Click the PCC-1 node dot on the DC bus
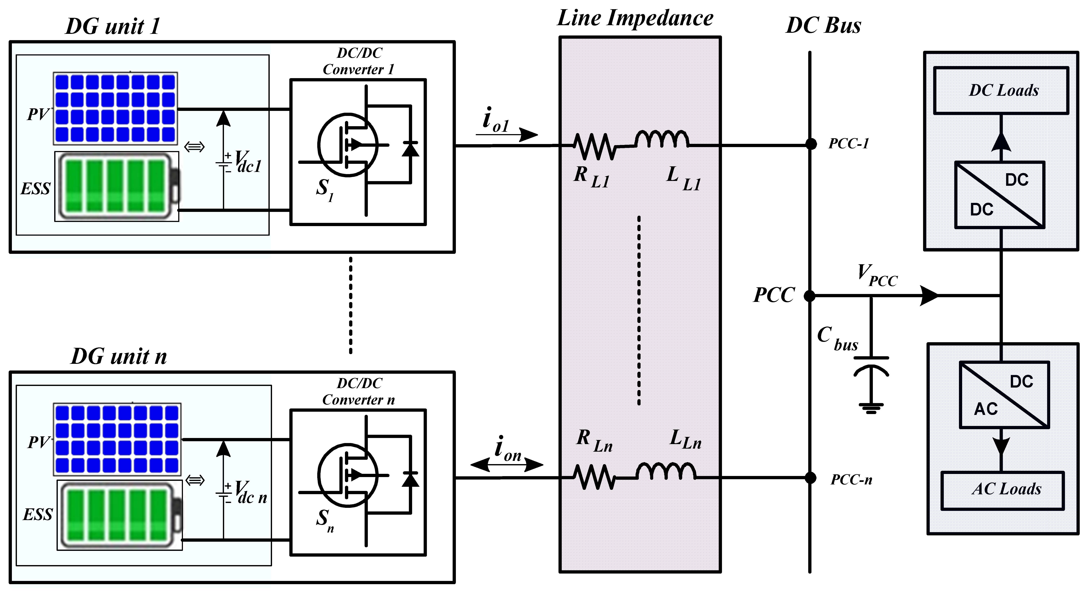pos(811,145)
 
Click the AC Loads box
pos(1002,489)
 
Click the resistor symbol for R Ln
pos(595,477)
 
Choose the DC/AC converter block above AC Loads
pos(1004,395)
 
